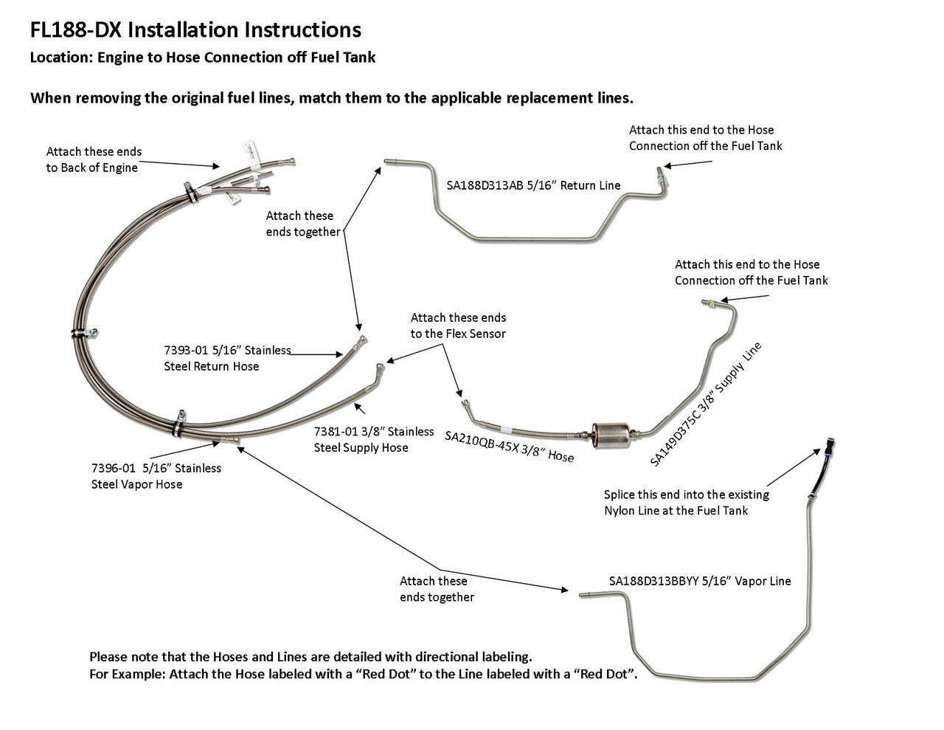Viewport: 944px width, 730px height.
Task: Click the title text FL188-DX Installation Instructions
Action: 195,30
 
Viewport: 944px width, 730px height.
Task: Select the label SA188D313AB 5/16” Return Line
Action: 533,186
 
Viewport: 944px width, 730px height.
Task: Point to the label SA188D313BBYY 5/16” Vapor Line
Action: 699,581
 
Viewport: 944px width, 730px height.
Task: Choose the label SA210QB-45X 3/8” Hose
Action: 509,447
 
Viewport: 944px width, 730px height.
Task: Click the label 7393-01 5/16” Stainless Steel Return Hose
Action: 227,358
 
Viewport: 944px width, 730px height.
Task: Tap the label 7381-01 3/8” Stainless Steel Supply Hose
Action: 374,439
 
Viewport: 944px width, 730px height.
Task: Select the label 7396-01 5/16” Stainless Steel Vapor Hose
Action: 156,476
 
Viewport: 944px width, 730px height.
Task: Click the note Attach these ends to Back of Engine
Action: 94,159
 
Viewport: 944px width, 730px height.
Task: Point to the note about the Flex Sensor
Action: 458,326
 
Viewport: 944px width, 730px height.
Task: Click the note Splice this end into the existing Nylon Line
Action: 686,503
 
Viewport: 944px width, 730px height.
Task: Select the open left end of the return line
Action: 386,160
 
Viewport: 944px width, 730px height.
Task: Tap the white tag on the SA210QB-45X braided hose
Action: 504,429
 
